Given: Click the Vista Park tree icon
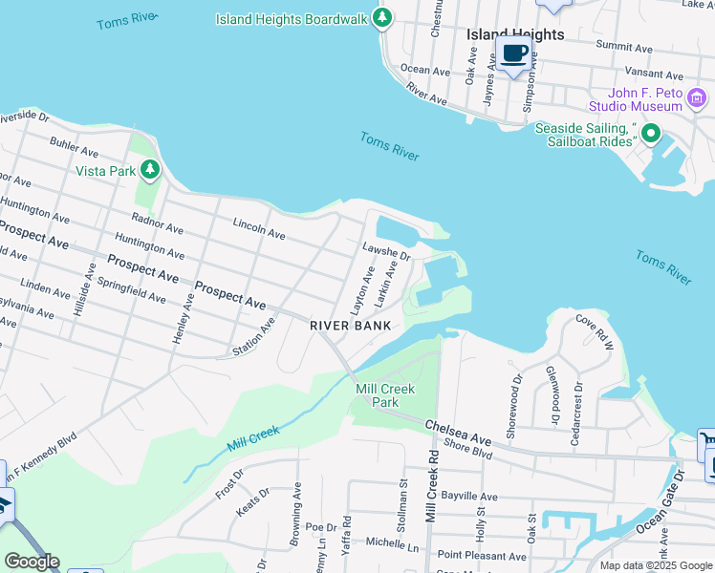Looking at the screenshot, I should coord(149,170).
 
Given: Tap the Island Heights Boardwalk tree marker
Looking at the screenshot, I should coord(382,18).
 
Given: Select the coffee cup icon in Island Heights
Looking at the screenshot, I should coord(514,53).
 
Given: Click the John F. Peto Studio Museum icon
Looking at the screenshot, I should coord(697,98).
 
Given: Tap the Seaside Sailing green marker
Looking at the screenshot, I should coord(651,133).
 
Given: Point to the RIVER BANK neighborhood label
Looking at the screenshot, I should coord(351,326).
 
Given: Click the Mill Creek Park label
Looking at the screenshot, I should coord(377,395).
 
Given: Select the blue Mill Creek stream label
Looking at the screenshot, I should coord(253,438).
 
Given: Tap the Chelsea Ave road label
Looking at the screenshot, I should coord(457,433).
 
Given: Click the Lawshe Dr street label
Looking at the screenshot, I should coord(386,251).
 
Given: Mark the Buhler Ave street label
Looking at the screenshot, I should coord(75,149).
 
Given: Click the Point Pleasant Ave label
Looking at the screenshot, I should coord(482,555).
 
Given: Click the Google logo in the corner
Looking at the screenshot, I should coord(32,562).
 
